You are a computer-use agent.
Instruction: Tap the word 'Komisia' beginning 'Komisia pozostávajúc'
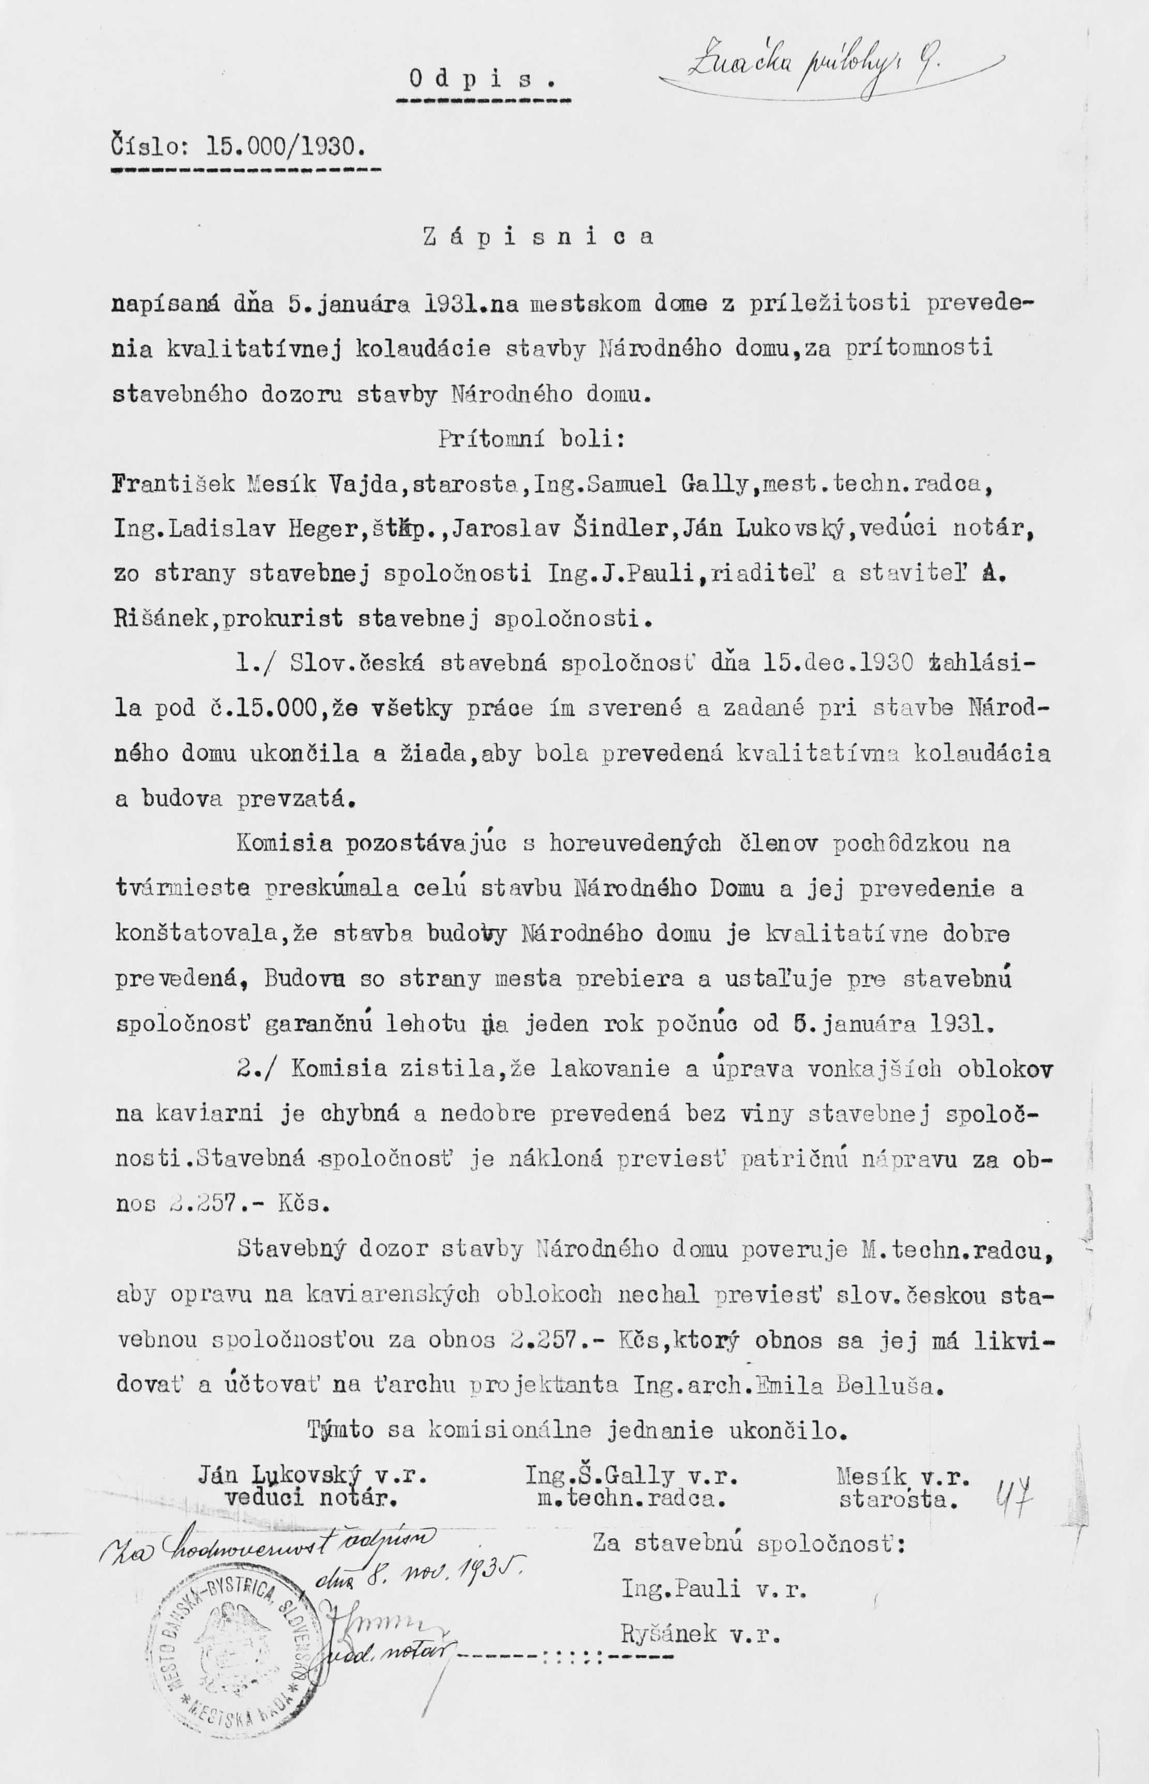tap(284, 844)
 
